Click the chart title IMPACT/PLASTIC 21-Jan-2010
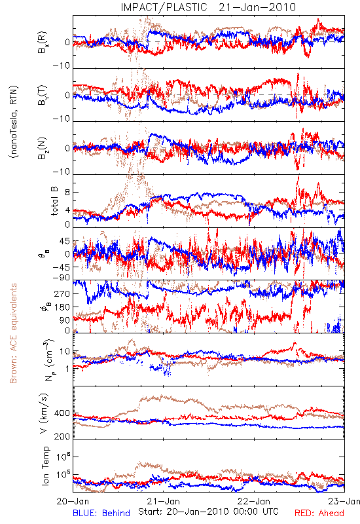pyautogui.click(x=208, y=7)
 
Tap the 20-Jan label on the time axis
pyautogui.click(x=73, y=501)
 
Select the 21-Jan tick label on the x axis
pyautogui.click(x=164, y=501)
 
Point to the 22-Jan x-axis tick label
pyautogui.click(x=254, y=501)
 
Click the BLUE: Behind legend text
pyautogui.click(x=101, y=513)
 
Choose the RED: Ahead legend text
pyautogui.click(x=319, y=513)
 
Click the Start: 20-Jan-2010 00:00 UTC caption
pyautogui.click(x=208, y=512)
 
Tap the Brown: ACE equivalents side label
pyautogui.click(x=13, y=333)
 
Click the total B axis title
pyautogui.click(x=54, y=201)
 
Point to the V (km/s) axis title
pyautogui.click(x=44, y=413)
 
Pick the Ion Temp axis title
pyautogui.click(x=45, y=466)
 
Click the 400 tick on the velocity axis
pyautogui.click(x=62, y=413)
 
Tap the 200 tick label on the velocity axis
pyautogui.click(x=62, y=436)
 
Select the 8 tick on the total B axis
pyautogui.click(x=67, y=193)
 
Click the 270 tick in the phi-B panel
pyautogui.click(x=62, y=293)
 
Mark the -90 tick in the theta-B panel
pyautogui.click(x=61, y=278)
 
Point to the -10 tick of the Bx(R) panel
pyautogui.click(x=61, y=66)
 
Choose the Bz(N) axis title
pyautogui.click(x=43, y=148)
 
